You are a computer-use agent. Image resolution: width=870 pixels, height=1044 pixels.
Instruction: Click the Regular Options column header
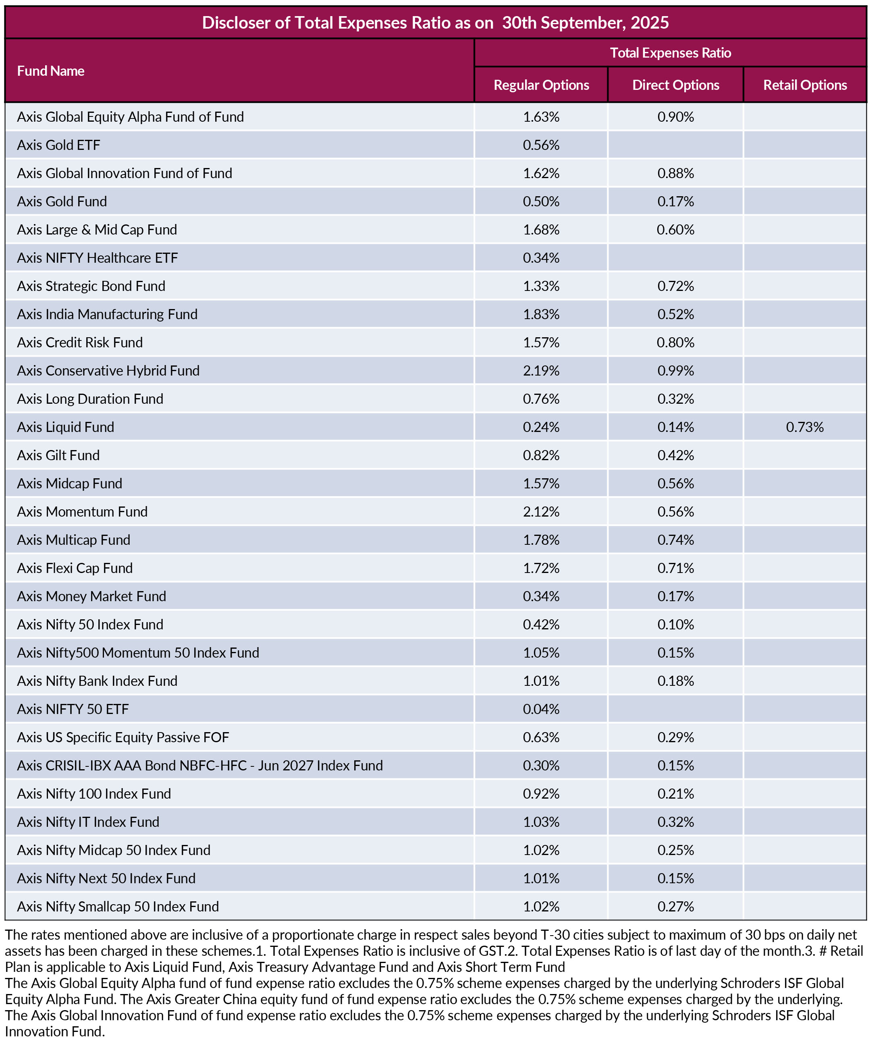pyautogui.click(x=541, y=85)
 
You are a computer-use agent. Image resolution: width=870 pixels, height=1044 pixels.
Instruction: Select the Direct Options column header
pyautogui.click(x=675, y=85)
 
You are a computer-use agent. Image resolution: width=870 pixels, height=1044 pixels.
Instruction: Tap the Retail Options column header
pyautogui.click(x=804, y=85)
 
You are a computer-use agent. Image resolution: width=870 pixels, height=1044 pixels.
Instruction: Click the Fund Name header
pyautogui.click(x=51, y=71)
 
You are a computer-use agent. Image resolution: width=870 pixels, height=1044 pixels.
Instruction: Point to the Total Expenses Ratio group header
pyautogui.click(x=670, y=53)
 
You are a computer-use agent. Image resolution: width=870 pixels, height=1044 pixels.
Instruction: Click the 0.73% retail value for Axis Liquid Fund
pyautogui.click(x=804, y=427)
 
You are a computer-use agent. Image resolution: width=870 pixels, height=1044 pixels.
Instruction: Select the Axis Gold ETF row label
pyautogui.click(x=59, y=145)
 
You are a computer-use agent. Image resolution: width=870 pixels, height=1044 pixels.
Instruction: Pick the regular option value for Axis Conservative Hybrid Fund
pyautogui.click(x=541, y=371)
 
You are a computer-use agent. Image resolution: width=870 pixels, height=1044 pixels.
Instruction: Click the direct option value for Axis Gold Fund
pyautogui.click(x=675, y=201)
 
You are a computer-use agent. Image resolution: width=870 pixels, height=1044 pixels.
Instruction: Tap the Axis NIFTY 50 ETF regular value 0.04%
pyautogui.click(x=541, y=709)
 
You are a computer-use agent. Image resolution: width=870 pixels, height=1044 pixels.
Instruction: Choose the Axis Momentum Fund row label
pyautogui.click(x=82, y=512)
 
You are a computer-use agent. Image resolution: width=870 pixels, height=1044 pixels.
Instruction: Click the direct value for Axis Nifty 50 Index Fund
pyautogui.click(x=675, y=625)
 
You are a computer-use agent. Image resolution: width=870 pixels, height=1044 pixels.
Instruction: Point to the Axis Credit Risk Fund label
pyautogui.click(x=79, y=342)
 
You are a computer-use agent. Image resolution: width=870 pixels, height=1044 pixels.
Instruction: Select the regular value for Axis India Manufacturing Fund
pyautogui.click(x=541, y=314)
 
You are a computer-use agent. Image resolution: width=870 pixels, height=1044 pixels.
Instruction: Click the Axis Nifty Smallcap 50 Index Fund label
pyautogui.click(x=118, y=906)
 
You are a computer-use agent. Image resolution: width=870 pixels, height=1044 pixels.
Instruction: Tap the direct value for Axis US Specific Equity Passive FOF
pyautogui.click(x=675, y=737)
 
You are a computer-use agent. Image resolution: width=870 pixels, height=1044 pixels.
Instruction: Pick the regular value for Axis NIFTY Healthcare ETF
pyautogui.click(x=541, y=258)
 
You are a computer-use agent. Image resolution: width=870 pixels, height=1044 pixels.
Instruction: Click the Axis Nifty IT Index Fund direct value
pyautogui.click(x=675, y=822)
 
